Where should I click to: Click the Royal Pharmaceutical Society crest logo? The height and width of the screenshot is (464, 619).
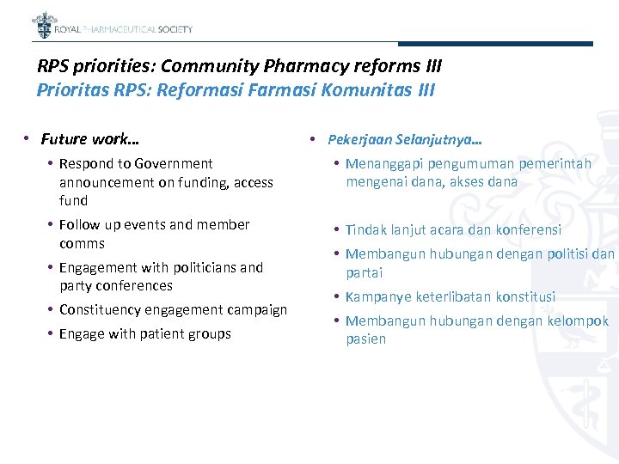coord(42,25)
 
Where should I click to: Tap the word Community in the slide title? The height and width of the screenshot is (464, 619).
coord(212,66)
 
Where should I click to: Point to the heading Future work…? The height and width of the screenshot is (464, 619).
coord(90,138)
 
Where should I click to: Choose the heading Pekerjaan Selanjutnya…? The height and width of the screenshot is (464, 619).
coord(405,139)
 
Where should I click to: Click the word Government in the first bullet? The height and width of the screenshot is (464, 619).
coord(173,163)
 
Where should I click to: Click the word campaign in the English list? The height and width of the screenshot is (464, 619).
coord(255,309)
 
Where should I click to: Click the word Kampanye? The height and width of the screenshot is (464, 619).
coord(378,296)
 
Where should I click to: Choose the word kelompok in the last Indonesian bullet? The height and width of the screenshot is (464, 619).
coord(580,321)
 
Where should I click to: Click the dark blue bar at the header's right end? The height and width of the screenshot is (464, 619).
coord(532,44)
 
